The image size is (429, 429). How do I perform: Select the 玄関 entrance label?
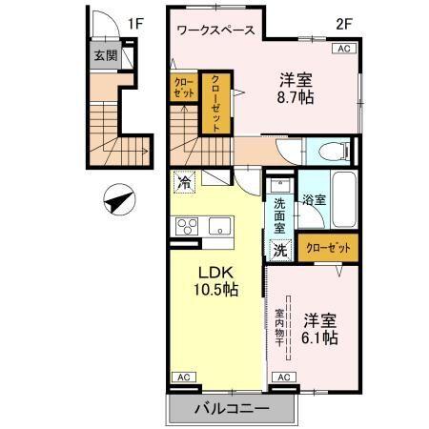pyautogui.click(x=105, y=55)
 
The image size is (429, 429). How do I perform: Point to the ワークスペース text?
pyautogui.click(x=216, y=31)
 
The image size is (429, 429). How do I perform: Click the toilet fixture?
pyautogui.click(x=331, y=151)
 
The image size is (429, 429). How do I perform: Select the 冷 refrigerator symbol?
pyautogui.click(x=185, y=181)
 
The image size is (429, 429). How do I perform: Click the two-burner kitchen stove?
pyautogui.click(x=185, y=226)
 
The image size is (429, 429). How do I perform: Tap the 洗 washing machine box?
pyautogui.click(x=280, y=251)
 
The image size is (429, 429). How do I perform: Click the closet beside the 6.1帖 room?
pyautogui.click(x=329, y=248)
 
